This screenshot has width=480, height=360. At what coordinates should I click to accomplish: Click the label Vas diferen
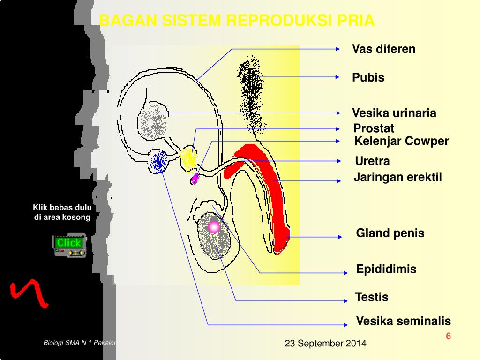click(x=384, y=49)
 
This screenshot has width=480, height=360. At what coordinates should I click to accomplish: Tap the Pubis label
click(x=368, y=78)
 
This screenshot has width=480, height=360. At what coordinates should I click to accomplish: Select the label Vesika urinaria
click(x=394, y=113)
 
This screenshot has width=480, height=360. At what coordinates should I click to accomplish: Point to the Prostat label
click(x=374, y=128)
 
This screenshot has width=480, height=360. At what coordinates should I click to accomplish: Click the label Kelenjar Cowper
click(x=402, y=141)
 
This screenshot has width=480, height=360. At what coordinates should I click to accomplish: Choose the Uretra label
click(x=372, y=161)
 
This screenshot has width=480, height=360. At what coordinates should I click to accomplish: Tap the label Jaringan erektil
click(x=397, y=177)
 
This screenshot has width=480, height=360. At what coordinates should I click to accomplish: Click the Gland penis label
click(x=390, y=233)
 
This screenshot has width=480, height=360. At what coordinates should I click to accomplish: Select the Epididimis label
click(x=386, y=269)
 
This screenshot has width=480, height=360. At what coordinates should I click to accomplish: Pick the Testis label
click(x=372, y=297)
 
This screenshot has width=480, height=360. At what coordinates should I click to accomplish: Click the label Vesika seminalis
click(x=403, y=321)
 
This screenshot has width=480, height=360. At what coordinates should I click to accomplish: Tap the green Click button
click(x=69, y=243)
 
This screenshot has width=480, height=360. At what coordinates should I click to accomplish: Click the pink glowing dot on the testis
click(x=214, y=227)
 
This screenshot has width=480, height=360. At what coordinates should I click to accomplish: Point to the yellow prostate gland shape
click(x=189, y=158)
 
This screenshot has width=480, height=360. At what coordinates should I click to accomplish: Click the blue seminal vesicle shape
click(x=159, y=161)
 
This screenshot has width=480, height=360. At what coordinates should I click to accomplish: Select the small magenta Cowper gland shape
click(x=195, y=178)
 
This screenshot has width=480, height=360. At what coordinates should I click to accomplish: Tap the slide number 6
click(x=448, y=336)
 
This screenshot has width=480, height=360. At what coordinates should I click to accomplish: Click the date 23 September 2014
click(x=325, y=344)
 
